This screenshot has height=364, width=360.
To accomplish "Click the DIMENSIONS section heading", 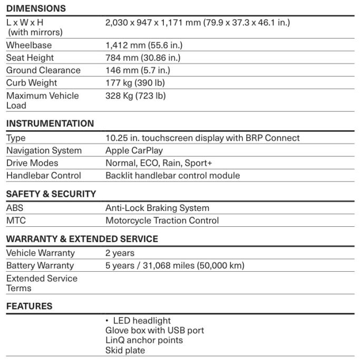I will tap(36, 8).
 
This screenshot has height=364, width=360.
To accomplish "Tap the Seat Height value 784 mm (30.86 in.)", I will tap(143, 58).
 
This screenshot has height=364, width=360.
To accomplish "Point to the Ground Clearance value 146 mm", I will tap(138, 71).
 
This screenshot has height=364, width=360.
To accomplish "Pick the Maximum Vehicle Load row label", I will tap(42, 100).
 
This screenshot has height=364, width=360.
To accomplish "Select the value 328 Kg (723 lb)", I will tap(135, 96).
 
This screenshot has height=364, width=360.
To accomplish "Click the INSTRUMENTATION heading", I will tap(50, 124).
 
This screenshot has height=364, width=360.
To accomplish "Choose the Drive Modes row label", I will tap(32, 164).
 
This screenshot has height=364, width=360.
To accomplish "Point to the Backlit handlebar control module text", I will tap(172, 176).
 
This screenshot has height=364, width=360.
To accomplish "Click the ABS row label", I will tap(15, 208).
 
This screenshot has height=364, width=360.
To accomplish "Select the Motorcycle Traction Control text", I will tap(162, 221).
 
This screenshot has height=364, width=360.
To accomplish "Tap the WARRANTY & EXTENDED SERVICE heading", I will tap(82, 240).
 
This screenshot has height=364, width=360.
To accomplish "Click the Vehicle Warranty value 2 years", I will tap(120, 253).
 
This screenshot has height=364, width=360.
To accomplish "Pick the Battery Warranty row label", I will tap(40, 266).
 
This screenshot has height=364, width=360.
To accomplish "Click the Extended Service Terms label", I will tap(42, 283).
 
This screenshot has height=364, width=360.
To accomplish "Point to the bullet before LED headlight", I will tap(107, 321).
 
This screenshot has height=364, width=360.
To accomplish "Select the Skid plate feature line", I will tap(125, 350).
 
